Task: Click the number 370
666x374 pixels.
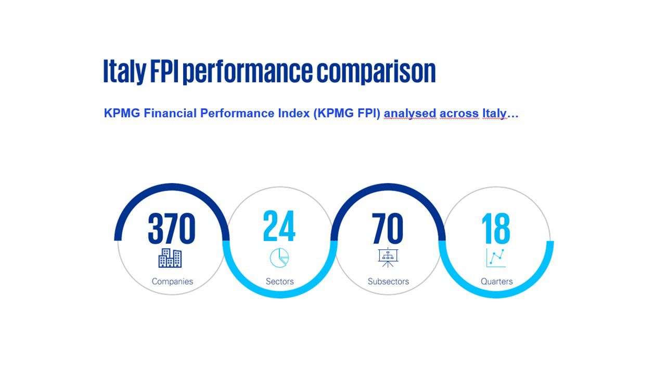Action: click(171, 229)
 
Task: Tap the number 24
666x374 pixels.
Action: click(279, 226)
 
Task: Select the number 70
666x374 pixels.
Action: click(387, 229)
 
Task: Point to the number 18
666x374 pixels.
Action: click(495, 229)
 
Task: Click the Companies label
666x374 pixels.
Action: click(172, 282)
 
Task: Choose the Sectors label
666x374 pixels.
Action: click(279, 282)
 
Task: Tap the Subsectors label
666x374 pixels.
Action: click(388, 282)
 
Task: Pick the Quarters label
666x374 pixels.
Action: click(496, 282)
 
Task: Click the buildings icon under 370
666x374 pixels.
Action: click(170, 258)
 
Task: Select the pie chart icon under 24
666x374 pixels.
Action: click(279, 257)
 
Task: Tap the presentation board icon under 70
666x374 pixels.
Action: click(387, 258)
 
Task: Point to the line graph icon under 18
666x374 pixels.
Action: click(496, 258)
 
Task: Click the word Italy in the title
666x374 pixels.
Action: click(124, 72)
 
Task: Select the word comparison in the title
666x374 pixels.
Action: click(376, 72)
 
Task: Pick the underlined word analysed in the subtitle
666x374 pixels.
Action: click(410, 114)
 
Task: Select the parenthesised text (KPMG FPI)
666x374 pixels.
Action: click(347, 114)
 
